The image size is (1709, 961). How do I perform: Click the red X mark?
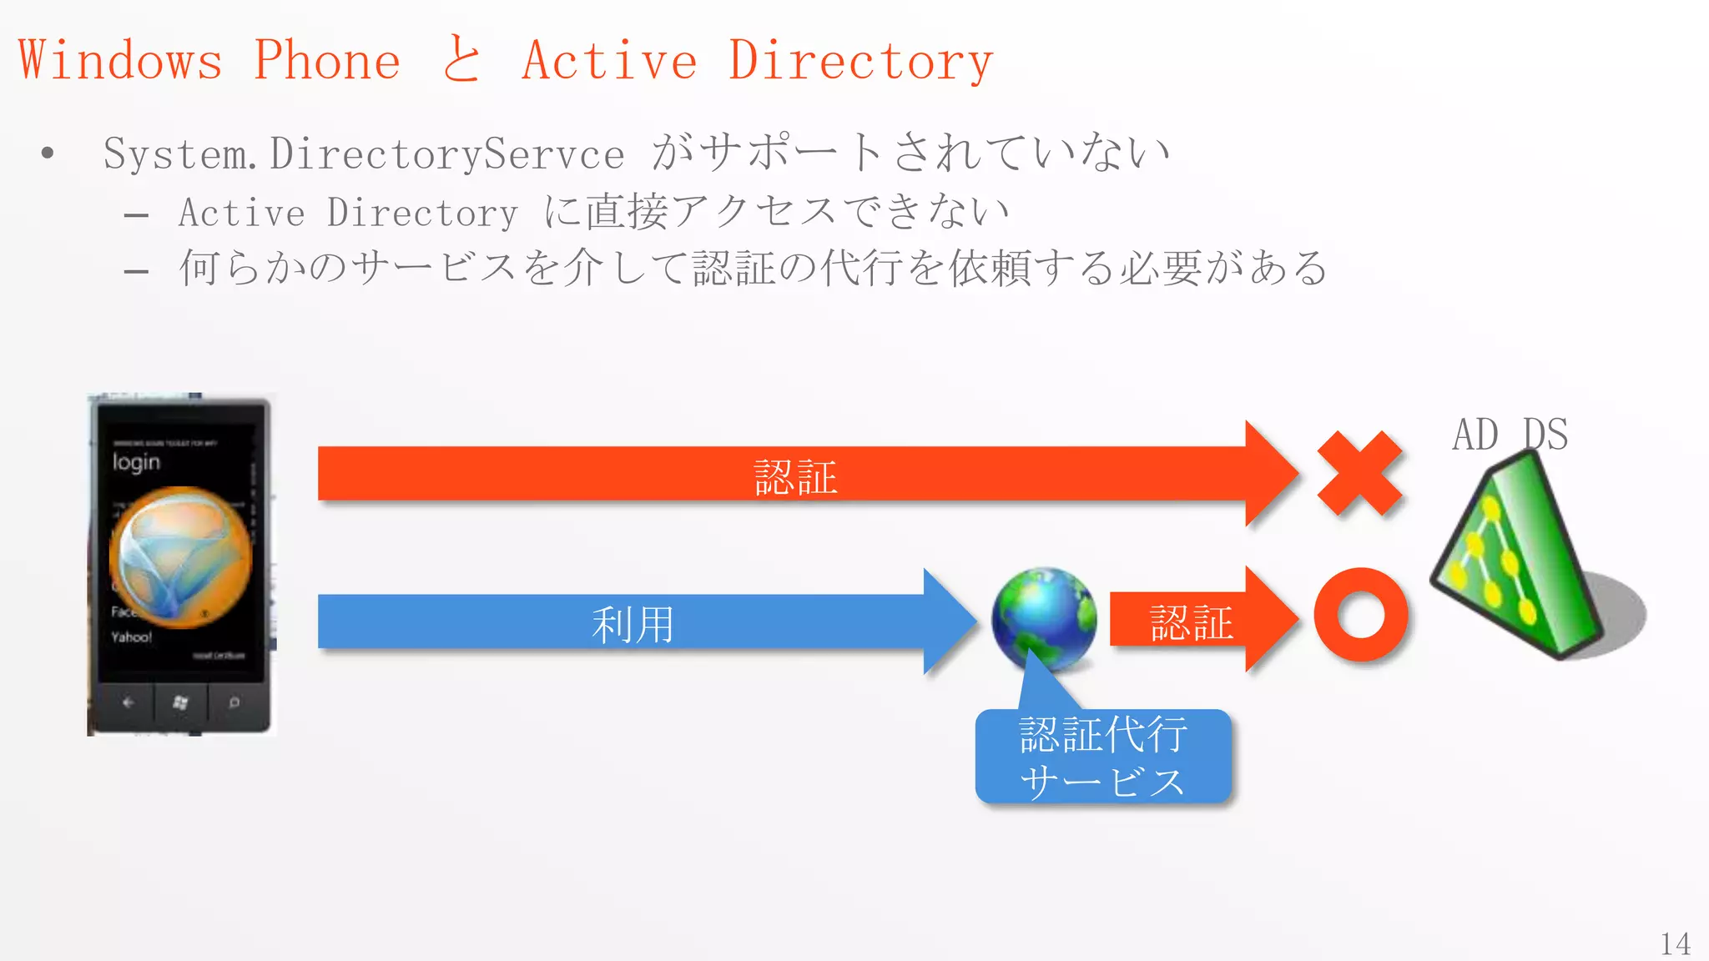point(1359,473)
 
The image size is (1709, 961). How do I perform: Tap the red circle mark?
point(1360,616)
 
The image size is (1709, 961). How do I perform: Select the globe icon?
point(1043,618)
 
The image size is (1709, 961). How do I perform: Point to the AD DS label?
point(1510,435)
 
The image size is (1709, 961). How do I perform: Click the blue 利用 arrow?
point(634,622)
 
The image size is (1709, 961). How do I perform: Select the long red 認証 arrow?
point(793,475)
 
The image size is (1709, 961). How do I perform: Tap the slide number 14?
point(1675,943)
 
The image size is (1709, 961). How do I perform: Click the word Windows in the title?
point(121,60)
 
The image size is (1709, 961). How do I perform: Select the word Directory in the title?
point(860,60)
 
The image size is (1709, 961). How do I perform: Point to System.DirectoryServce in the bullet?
point(364,153)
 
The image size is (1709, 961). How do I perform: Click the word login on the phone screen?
point(136,462)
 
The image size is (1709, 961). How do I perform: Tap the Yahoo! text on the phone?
point(132,637)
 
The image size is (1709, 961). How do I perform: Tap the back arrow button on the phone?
point(128,702)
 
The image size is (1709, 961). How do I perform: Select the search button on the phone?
point(234,702)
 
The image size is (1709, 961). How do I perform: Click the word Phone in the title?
point(327,60)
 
